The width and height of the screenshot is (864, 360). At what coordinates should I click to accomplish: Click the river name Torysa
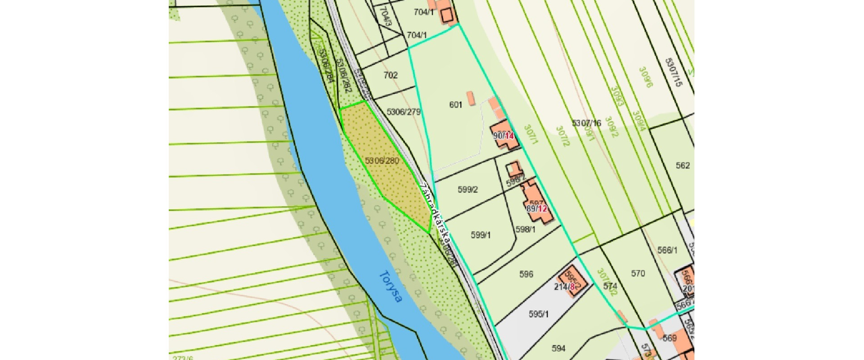click(390, 286)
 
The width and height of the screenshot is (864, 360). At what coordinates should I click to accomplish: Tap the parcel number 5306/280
click(382, 161)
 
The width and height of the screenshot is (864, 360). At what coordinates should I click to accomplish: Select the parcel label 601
click(455, 104)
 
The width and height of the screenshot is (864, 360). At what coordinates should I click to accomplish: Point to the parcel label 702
click(390, 75)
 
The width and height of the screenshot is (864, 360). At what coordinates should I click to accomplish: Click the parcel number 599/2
click(468, 189)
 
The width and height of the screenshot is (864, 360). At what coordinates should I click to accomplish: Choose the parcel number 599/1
click(481, 235)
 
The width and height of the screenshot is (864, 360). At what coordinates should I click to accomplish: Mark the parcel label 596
click(526, 274)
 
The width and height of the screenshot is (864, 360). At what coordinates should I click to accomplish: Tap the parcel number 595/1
click(538, 314)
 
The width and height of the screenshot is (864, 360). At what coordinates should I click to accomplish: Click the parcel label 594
click(558, 348)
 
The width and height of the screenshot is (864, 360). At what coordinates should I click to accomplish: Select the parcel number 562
click(682, 165)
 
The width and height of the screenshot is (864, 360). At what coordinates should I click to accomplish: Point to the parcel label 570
click(638, 273)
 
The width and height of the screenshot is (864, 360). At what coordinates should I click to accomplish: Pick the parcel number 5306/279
click(404, 112)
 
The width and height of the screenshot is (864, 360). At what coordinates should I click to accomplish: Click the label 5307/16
click(586, 123)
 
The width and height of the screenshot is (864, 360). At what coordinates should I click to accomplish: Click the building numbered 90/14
click(504, 135)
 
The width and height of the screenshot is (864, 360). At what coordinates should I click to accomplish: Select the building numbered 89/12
click(536, 208)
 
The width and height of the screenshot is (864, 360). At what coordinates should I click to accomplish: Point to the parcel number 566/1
click(667, 250)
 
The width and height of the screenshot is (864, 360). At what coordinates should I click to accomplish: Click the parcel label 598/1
click(525, 229)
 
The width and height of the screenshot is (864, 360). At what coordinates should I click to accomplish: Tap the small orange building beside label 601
click(471, 98)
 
